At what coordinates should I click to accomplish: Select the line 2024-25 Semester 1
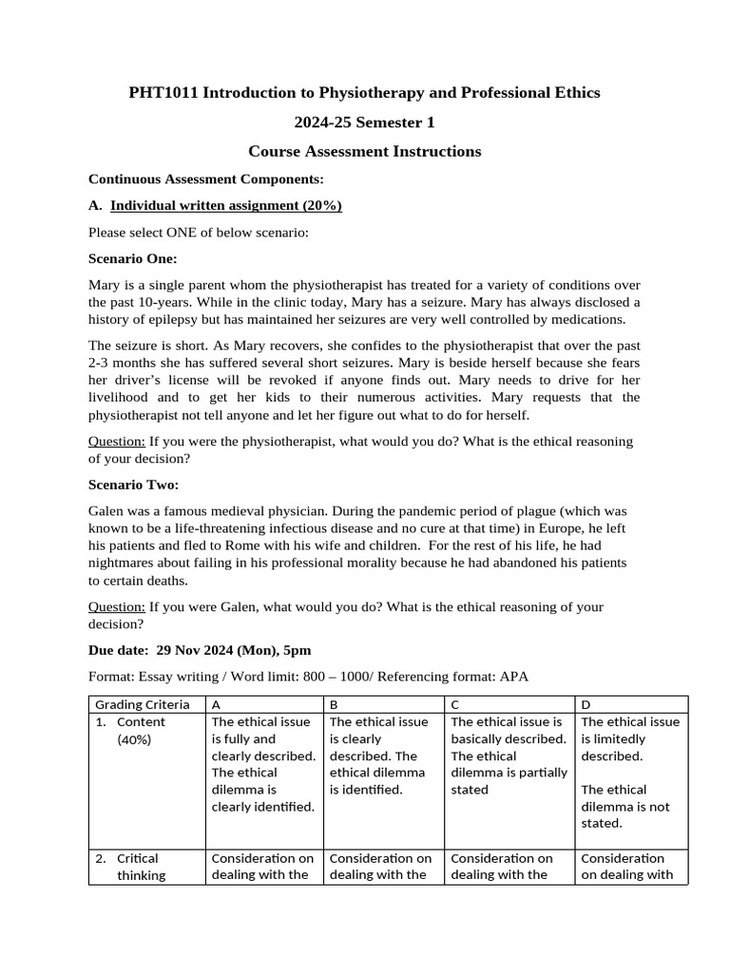coord(364,122)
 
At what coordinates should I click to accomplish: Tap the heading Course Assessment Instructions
coord(364,151)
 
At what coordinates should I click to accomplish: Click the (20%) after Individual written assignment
coord(321,205)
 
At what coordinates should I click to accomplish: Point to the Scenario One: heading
coord(133,258)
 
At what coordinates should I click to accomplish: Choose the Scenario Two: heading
coord(133,485)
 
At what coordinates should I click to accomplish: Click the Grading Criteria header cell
coord(142,705)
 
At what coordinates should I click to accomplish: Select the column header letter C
coord(455,705)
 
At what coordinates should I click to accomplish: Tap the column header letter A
coord(216,705)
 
